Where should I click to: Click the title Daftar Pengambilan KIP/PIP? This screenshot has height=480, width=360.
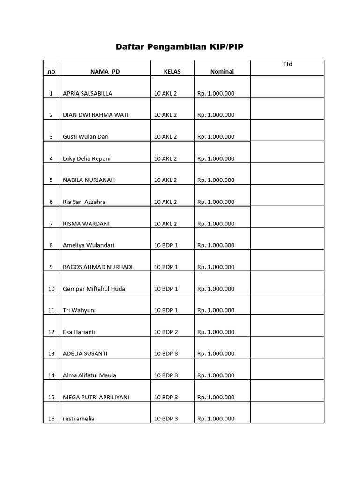click(x=180, y=47)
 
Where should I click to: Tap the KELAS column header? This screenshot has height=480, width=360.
click(x=172, y=72)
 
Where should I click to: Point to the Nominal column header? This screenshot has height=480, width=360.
click(x=222, y=72)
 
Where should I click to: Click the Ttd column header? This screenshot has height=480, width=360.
click(x=287, y=64)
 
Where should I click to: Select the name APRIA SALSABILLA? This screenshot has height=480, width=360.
click(x=88, y=93)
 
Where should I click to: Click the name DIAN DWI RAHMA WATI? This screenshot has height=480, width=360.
click(x=96, y=115)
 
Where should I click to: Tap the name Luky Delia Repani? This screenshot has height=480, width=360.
click(x=87, y=158)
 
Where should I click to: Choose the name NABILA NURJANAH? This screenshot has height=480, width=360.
click(x=89, y=180)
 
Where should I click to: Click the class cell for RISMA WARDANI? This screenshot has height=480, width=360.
click(x=165, y=224)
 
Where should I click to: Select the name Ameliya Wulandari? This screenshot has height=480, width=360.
click(x=89, y=245)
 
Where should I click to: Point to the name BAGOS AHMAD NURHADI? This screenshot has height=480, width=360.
click(x=97, y=267)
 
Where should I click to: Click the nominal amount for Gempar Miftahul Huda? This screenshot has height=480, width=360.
click(x=216, y=289)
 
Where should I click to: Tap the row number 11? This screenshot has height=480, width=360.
click(x=51, y=310)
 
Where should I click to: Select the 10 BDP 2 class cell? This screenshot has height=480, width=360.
click(x=166, y=332)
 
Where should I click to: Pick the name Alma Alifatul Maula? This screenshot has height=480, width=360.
click(x=90, y=375)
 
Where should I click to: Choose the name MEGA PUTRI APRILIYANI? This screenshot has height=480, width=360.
click(x=96, y=397)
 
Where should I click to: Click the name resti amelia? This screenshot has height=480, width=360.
click(x=78, y=419)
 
